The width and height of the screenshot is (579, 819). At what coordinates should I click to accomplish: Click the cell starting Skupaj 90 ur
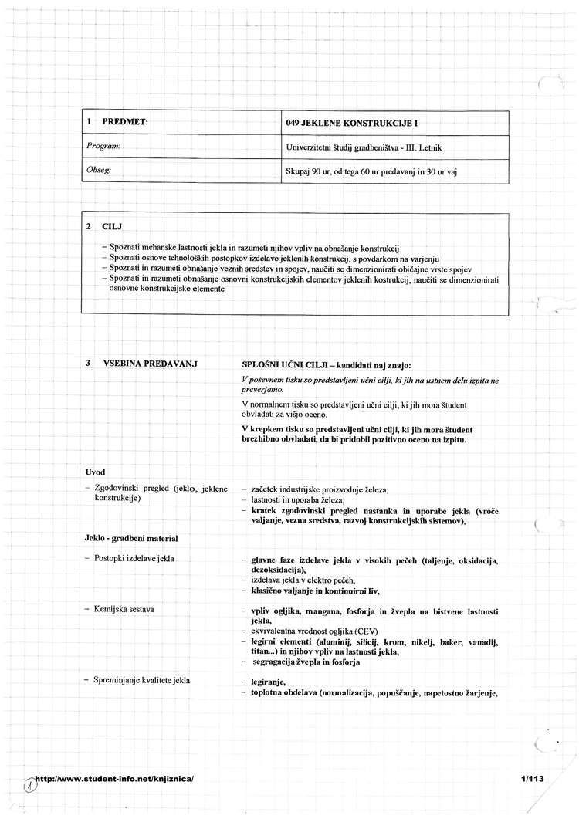371,171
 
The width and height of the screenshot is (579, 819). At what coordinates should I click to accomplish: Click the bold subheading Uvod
96,471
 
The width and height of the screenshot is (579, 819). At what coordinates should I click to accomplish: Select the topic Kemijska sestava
124,610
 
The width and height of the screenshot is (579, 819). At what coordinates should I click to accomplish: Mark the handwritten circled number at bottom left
30,784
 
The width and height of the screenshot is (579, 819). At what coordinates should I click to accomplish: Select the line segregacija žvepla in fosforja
306,662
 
